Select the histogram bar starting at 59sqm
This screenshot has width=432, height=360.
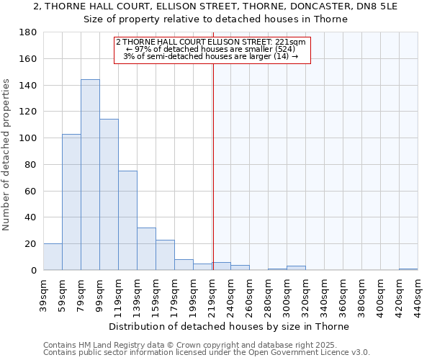click(x=71, y=202)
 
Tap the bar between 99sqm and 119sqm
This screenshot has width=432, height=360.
click(x=109, y=194)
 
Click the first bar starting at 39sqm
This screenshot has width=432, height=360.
click(x=53, y=257)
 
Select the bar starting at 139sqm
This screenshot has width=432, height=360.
click(x=146, y=249)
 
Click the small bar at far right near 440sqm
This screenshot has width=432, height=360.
click(x=408, y=269)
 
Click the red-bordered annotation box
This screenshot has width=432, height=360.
click(x=211, y=50)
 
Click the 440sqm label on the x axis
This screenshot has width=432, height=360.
click(x=418, y=297)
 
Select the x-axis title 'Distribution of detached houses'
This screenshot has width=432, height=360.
click(x=230, y=326)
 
